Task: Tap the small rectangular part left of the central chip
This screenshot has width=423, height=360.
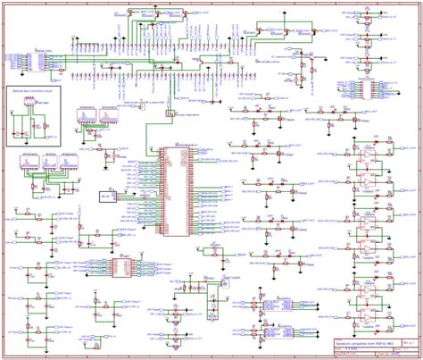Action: point(109,194)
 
